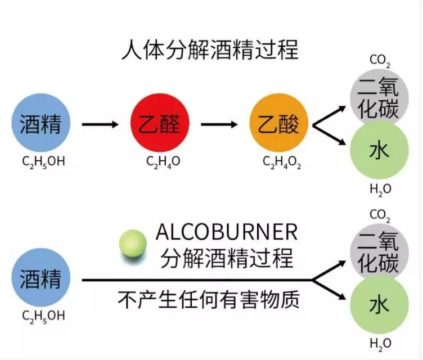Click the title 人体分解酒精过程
point(209,51)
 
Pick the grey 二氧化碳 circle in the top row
point(378,97)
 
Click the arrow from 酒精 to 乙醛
point(100,124)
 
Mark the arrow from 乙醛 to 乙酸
point(219,124)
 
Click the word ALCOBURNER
point(226,232)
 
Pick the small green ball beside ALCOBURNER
point(133,243)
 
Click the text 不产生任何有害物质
point(209,299)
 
